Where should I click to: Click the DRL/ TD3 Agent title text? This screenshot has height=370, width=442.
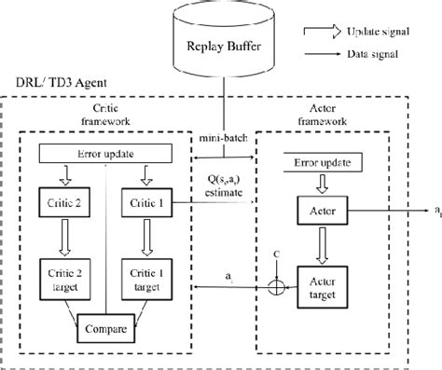pos(51,85)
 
